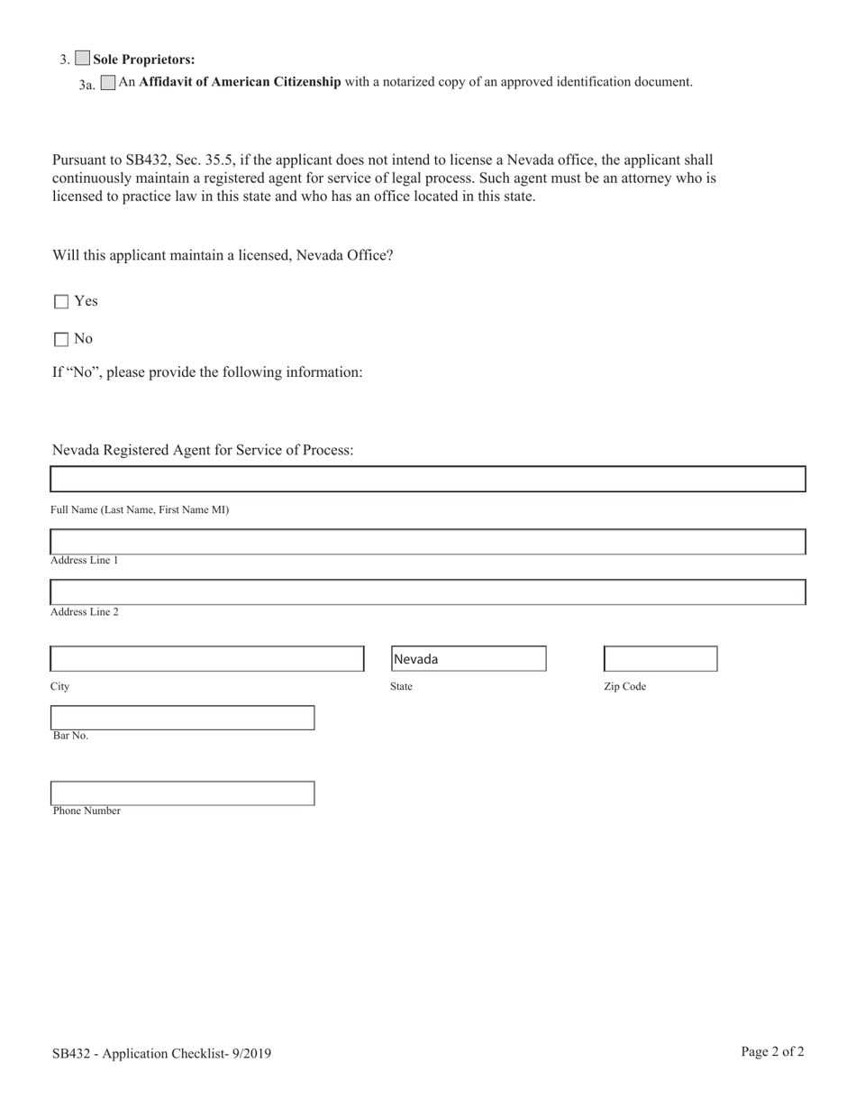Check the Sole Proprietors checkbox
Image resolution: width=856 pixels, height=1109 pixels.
(82, 59)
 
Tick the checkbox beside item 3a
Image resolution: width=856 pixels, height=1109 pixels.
(108, 83)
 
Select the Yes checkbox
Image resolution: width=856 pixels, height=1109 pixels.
(61, 302)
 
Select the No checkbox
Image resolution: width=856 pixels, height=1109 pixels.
(61, 340)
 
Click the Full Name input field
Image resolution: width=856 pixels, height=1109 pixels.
(427, 479)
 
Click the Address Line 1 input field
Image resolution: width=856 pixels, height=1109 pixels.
(427, 542)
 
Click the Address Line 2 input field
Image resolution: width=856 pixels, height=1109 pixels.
(427, 592)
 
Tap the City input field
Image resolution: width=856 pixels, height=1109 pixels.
(206, 659)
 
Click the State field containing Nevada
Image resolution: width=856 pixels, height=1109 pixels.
(468, 659)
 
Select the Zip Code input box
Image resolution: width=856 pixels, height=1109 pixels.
(660, 659)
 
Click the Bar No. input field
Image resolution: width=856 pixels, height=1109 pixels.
(182, 718)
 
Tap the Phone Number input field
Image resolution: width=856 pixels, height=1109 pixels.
(182, 793)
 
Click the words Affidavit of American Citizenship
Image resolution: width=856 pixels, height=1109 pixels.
(240, 82)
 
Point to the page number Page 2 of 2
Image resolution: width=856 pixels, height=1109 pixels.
(772, 1051)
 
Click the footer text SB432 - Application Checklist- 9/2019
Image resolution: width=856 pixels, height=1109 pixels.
(161, 1053)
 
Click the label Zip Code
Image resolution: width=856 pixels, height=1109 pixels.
(624, 687)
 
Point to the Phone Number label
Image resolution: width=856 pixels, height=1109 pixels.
(87, 811)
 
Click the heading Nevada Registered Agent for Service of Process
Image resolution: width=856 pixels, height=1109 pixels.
(203, 450)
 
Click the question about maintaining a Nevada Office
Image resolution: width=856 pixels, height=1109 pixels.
(223, 255)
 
